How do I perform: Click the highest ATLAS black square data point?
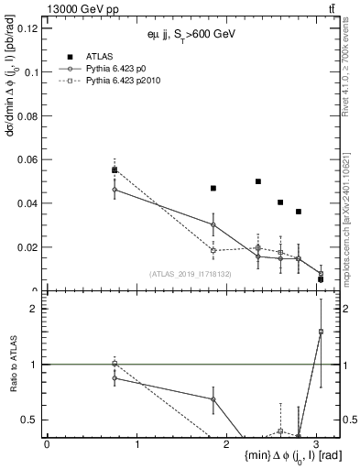tap(115, 169)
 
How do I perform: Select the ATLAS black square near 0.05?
tap(258, 181)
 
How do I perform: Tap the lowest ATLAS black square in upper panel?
tap(321, 278)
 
